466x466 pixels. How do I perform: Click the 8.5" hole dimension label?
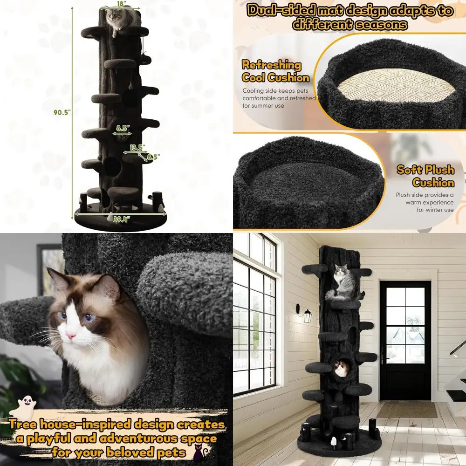click(x=122, y=127)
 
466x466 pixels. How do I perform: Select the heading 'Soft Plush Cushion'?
click(x=425, y=176)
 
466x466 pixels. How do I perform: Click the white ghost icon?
click(x=21, y=408)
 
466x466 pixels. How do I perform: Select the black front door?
click(x=405, y=340)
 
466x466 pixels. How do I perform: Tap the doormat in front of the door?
click(x=407, y=410)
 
